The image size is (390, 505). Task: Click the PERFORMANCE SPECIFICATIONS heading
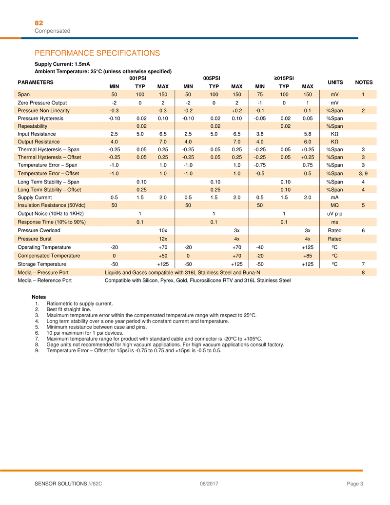coord(97,53)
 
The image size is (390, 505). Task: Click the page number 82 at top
coord(39,23)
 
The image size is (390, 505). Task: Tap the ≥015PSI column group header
coord(284,78)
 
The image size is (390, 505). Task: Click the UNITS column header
coord(335,82)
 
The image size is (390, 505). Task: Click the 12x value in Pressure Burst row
coord(163,239)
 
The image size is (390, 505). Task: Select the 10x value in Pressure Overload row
coord(163,230)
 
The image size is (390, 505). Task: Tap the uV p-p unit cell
coord(335,213)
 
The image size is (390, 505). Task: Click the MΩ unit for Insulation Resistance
coord(335,205)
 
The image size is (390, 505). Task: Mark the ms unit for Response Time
coord(335,222)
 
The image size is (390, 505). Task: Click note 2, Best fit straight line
coord(68,309)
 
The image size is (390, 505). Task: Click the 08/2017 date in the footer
coord(209,483)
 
